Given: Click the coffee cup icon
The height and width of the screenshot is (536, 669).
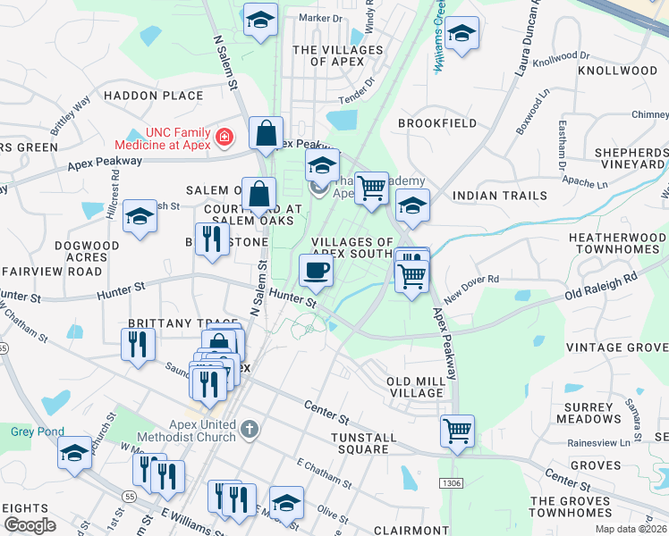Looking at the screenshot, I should click(315, 269).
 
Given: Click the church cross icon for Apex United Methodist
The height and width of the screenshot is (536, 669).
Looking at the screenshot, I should click(250, 431).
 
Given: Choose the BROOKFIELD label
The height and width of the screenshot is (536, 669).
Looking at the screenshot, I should click(437, 123).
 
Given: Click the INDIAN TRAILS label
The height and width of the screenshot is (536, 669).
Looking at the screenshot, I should click(500, 196).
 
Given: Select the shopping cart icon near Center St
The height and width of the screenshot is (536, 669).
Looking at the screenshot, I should click(457, 431).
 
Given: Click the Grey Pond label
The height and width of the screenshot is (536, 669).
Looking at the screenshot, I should click(31, 431).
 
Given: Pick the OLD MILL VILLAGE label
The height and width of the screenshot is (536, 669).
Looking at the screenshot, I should click(414, 388).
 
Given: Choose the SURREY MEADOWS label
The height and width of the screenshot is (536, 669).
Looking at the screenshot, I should click(588, 412).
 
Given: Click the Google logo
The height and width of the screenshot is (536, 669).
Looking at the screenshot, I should click(30, 525).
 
